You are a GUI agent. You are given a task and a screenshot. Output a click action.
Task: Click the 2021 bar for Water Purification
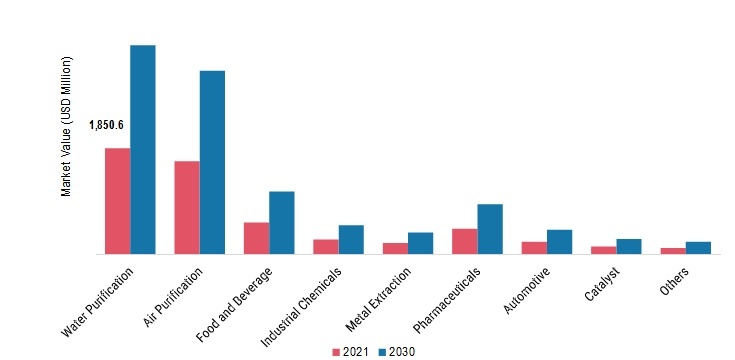[x=117, y=201]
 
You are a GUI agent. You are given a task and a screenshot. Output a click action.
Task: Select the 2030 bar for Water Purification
[x=143, y=150]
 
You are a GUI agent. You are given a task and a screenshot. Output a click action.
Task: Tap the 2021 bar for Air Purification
[x=187, y=208]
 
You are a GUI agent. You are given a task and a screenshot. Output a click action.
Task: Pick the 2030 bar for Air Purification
[x=212, y=162]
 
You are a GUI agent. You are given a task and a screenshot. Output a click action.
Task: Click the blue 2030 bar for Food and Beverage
[x=282, y=223]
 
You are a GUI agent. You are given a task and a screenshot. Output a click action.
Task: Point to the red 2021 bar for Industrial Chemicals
[x=326, y=247]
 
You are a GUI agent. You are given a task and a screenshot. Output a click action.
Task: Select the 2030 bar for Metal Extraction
[x=420, y=243]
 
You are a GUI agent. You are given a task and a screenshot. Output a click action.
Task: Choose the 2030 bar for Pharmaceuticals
[x=490, y=229]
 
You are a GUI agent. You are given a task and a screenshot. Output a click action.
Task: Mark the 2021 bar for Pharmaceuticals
[x=464, y=241]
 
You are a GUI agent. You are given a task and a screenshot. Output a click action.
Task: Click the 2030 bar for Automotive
[x=559, y=242]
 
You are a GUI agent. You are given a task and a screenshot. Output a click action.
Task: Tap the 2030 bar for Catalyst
[x=629, y=247]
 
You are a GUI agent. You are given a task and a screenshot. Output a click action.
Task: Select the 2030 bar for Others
[x=698, y=248]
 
